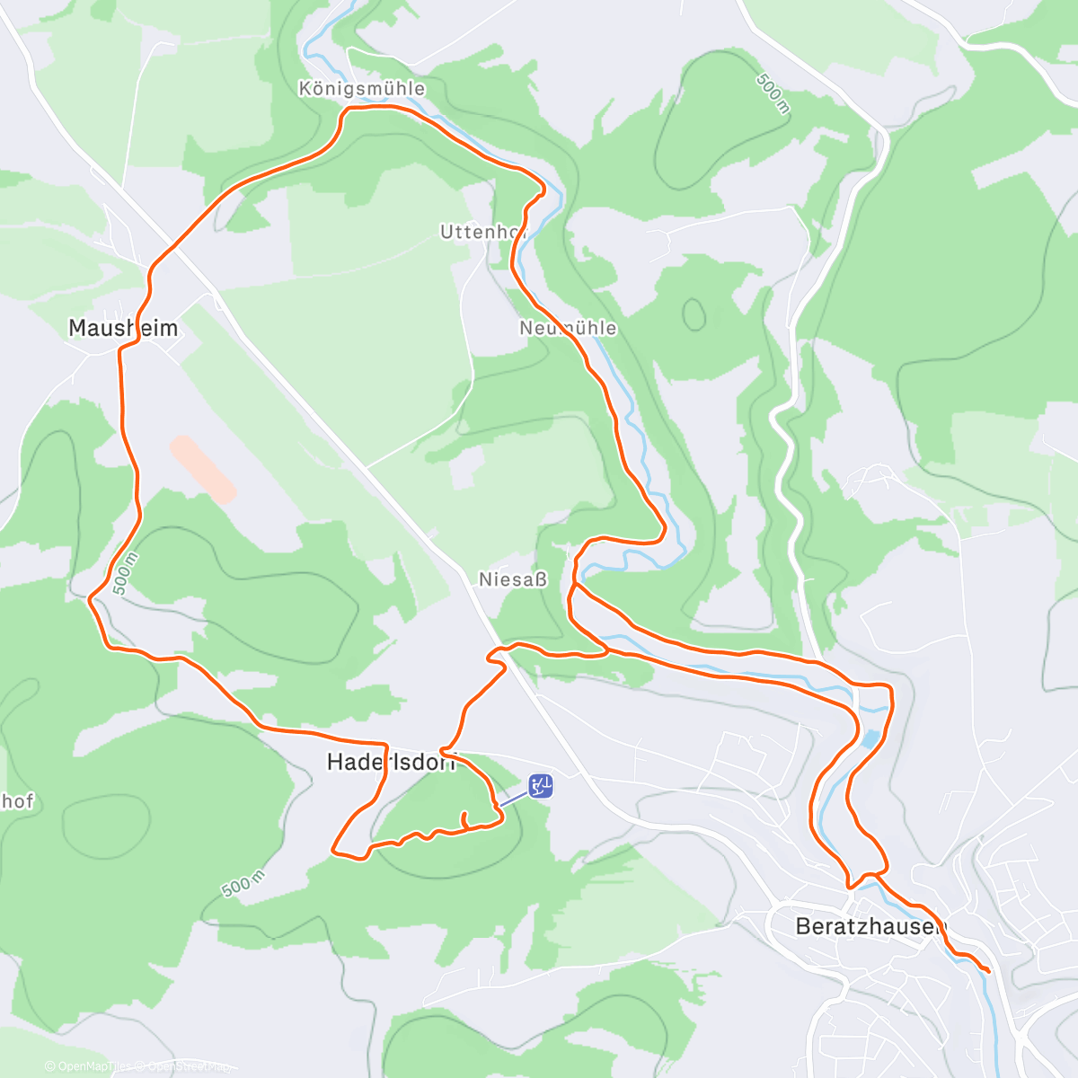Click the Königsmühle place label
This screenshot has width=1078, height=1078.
click(361, 89)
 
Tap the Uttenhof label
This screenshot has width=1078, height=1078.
click(482, 233)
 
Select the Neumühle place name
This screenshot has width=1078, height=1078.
click(568, 329)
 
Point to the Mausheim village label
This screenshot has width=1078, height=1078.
click(123, 328)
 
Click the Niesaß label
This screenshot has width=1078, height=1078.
click(512, 580)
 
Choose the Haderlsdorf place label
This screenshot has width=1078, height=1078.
click(391, 763)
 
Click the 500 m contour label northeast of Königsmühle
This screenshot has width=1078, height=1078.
click(772, 94)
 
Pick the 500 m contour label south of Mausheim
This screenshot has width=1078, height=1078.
click(125, 573)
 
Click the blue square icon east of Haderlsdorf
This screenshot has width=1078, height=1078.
click(540, 786)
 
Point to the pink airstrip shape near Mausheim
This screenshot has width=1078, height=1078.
click(203, 469)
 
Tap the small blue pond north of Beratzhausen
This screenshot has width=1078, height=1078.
click(870, 739)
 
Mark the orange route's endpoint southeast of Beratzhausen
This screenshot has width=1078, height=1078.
click(988, 970)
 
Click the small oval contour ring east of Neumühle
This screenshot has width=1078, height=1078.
click(694, 314)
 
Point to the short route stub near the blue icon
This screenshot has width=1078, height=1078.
click(464, 819)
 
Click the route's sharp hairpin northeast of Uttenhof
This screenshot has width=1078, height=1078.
click(543, 188)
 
